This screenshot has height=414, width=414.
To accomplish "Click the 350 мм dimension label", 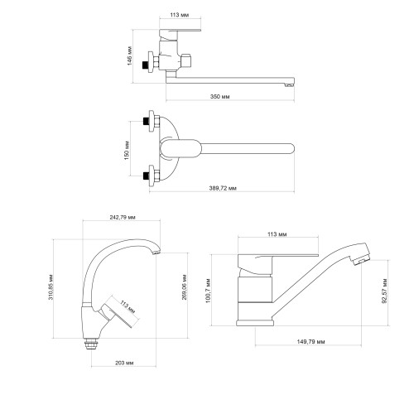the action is coord(220,97).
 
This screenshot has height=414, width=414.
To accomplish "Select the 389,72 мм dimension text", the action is coord(223,188).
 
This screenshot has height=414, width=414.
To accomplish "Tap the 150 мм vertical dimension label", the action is coord(127,151).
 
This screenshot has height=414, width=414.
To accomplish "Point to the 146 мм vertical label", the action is coord(129,56).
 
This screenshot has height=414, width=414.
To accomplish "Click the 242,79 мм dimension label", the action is coord(123,217).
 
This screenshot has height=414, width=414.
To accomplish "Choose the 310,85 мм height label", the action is coord(51,287).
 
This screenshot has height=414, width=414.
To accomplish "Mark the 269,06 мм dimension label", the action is coord(185,287).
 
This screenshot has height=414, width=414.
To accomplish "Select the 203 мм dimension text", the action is coord(124,363).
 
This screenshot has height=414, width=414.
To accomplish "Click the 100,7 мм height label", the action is coord(208,291).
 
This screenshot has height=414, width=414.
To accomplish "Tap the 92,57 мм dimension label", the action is coord(384,291).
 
